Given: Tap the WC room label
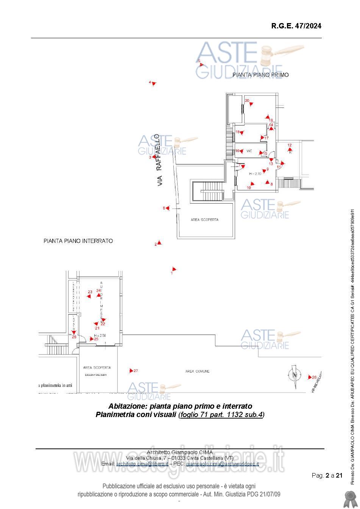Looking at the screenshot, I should pyautogui.click(x=249, y=151).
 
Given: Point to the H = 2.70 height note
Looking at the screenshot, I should pyautogui.click(x=256, y=174).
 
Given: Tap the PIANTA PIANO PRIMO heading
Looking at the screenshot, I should pyautogui.click(x=260, y=75).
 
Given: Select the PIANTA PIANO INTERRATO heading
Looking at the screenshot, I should pyautogui.click(x=78, y=241).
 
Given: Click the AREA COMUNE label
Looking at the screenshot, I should pyautogui.click(x=197, y=371).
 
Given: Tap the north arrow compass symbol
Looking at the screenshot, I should pyautogui.click(x=294, y=375).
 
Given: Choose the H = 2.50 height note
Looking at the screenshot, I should pyautogui.click(x=100, y=335).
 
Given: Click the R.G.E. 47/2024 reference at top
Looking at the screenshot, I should pyautogui.click(x=296, y=26).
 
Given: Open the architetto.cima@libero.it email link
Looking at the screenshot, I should pyautogui.click(x=142, y=464).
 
